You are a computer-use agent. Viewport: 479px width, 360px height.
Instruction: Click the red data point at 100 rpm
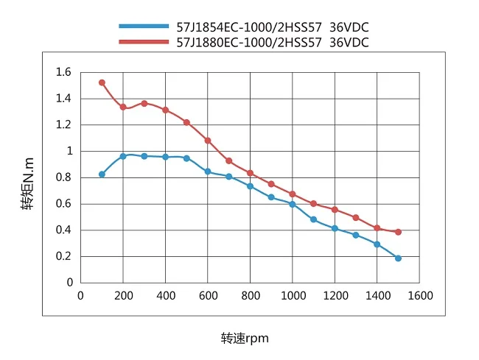point(102,82)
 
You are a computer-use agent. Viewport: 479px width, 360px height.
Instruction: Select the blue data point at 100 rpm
point(102,174)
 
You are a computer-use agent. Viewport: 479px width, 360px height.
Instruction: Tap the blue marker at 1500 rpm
point(398,258)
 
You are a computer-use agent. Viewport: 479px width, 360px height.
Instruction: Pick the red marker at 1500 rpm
point(398,232)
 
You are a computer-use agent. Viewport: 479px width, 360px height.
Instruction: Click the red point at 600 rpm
point(208,140)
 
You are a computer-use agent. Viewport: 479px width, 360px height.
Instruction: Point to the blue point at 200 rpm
point(123,156)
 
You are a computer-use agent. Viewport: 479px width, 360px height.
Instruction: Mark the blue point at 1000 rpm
point(293,204)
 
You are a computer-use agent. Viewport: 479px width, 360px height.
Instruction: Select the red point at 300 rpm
point(144,104)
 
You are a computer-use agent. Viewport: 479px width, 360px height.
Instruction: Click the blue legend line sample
point(144,27)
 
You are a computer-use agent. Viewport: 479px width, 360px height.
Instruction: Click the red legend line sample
point(144,43)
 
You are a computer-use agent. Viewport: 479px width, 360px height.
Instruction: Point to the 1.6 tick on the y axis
point(64,72)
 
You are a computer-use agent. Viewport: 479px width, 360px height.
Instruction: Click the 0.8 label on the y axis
point(64,177)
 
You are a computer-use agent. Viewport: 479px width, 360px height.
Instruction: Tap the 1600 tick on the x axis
point(419,296)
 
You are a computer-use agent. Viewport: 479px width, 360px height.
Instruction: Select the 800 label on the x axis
point(250,296)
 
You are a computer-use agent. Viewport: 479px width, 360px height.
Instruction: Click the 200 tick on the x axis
point(123,296)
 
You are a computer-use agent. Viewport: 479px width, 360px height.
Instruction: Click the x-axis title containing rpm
point(245,339)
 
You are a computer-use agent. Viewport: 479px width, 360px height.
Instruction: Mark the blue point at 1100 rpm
point(313,219)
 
